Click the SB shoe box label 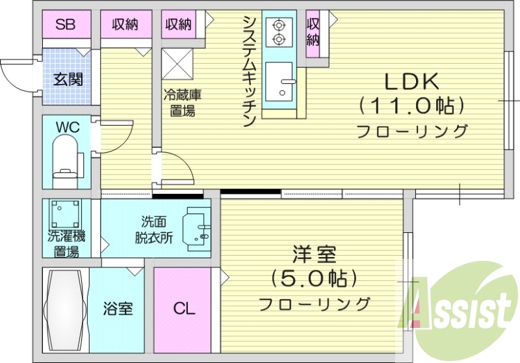click(64, 25)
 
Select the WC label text click(67, 128)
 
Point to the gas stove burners click(279, 33)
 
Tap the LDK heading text click(413, 81)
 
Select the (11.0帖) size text click(412, 104)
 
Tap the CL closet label click(183, 308)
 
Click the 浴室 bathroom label click(118, 308)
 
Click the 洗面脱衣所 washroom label click(153, 229)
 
